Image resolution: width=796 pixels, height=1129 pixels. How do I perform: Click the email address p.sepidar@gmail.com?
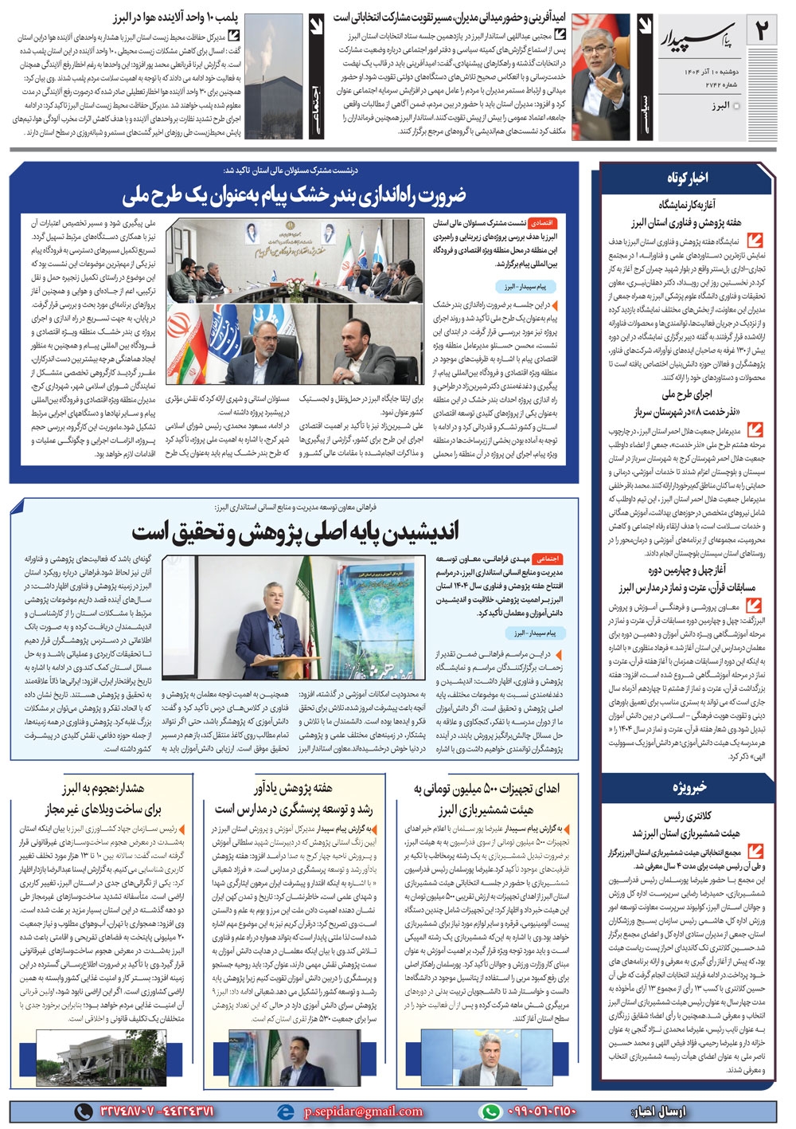point(362,1111)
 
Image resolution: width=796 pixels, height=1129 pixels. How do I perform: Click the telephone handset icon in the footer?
point(82,1111)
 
